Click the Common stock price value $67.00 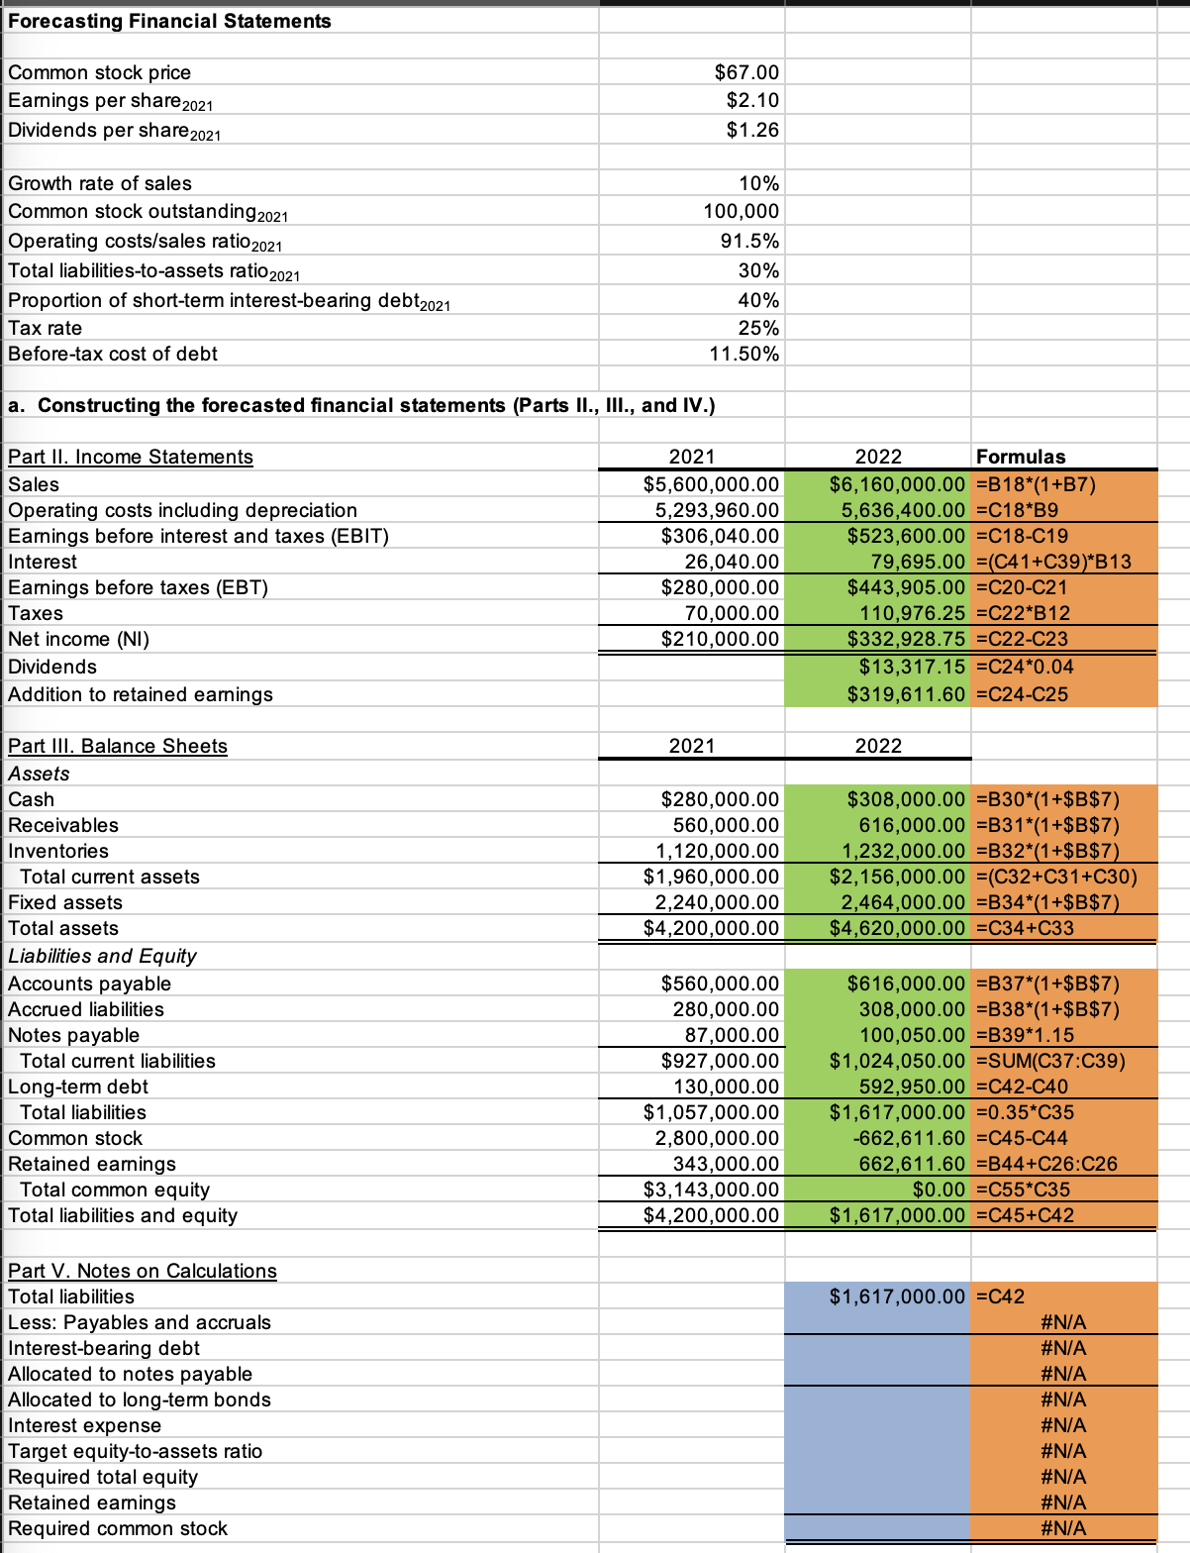point(746,72)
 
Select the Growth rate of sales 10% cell point(758,183)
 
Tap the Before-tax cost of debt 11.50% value point(744,354)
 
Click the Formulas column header point(1021,457)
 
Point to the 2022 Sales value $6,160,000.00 point(896,484)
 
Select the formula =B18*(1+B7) point(1036,484)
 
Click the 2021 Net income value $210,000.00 point(720,639)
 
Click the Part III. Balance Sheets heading point(118,746)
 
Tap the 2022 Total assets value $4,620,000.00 point(896,928)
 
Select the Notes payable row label point(74,1035)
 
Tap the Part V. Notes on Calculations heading point(143,1271)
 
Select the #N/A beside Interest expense point(1063,1425)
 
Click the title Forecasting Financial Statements point(169,21)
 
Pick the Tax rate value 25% point(758,328)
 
